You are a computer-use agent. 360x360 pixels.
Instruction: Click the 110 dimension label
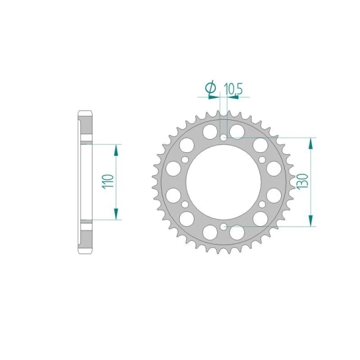[108, 182]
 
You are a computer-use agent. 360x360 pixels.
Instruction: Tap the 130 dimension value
[303, 182]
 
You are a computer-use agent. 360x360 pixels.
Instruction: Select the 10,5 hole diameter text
[233, 89]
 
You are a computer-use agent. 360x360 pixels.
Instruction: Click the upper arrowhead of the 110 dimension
[116, 150]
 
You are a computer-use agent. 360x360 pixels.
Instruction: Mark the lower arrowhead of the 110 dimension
[116, 214]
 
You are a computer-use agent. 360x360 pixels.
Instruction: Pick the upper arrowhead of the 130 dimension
[311, 143]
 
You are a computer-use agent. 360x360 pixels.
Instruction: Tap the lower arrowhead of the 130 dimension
[311, 221]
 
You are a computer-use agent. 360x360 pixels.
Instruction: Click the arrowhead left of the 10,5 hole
[214, 97]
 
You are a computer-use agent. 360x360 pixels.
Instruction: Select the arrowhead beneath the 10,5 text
[233, 97]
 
